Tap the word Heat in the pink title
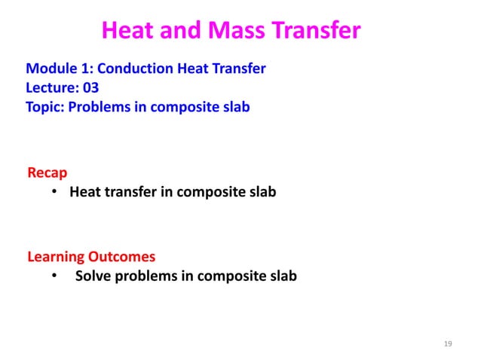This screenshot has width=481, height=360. click(126, 31)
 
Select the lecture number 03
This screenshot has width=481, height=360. click(90, 88)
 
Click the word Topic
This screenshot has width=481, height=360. click(44, 106)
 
